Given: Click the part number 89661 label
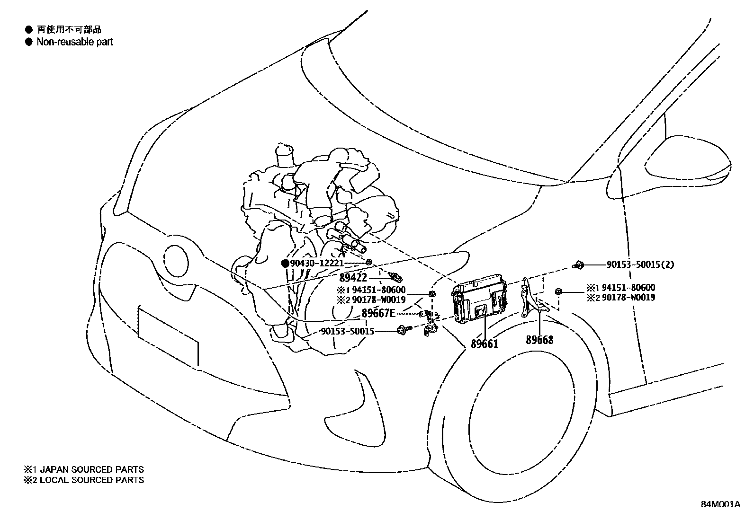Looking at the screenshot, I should click(484, 344).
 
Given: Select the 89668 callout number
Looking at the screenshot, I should click(539, 340).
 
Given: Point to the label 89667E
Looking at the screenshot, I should click(378, 313).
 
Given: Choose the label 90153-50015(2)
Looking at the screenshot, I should click(640, 265).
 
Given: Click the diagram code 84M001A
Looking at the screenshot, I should click(720, 504).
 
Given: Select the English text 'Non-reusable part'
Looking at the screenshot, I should click(75, 42).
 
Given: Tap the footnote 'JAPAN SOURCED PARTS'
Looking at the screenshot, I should click(91, 470).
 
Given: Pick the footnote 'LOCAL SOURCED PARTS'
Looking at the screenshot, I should click(91, 480).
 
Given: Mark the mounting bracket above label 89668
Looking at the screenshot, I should click(531, 298).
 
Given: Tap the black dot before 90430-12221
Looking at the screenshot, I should click(285, 263).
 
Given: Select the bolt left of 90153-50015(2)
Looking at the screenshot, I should click(579, 265).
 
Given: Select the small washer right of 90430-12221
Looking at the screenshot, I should click(369, 262).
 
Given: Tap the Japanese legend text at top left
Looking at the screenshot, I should click(69, 30).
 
